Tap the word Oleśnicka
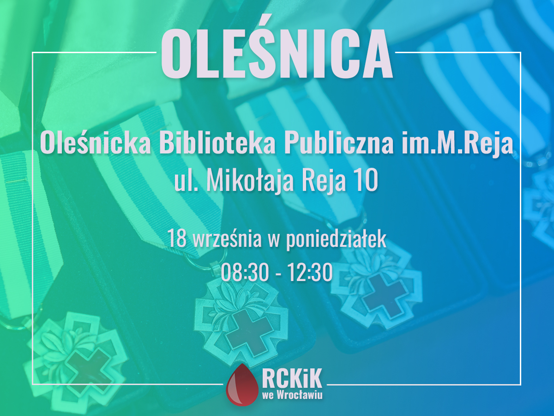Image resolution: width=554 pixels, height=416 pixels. coord(96,143)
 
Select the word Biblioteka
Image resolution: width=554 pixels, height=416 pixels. coord(217,143)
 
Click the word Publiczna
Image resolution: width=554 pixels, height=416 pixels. coord(339,144)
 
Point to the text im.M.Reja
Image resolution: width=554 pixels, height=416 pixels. coord(458,144)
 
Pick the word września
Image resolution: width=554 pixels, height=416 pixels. coord(227,239)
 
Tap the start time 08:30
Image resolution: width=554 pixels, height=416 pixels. coord(245,272)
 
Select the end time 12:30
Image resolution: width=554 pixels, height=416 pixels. coord(309,272)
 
